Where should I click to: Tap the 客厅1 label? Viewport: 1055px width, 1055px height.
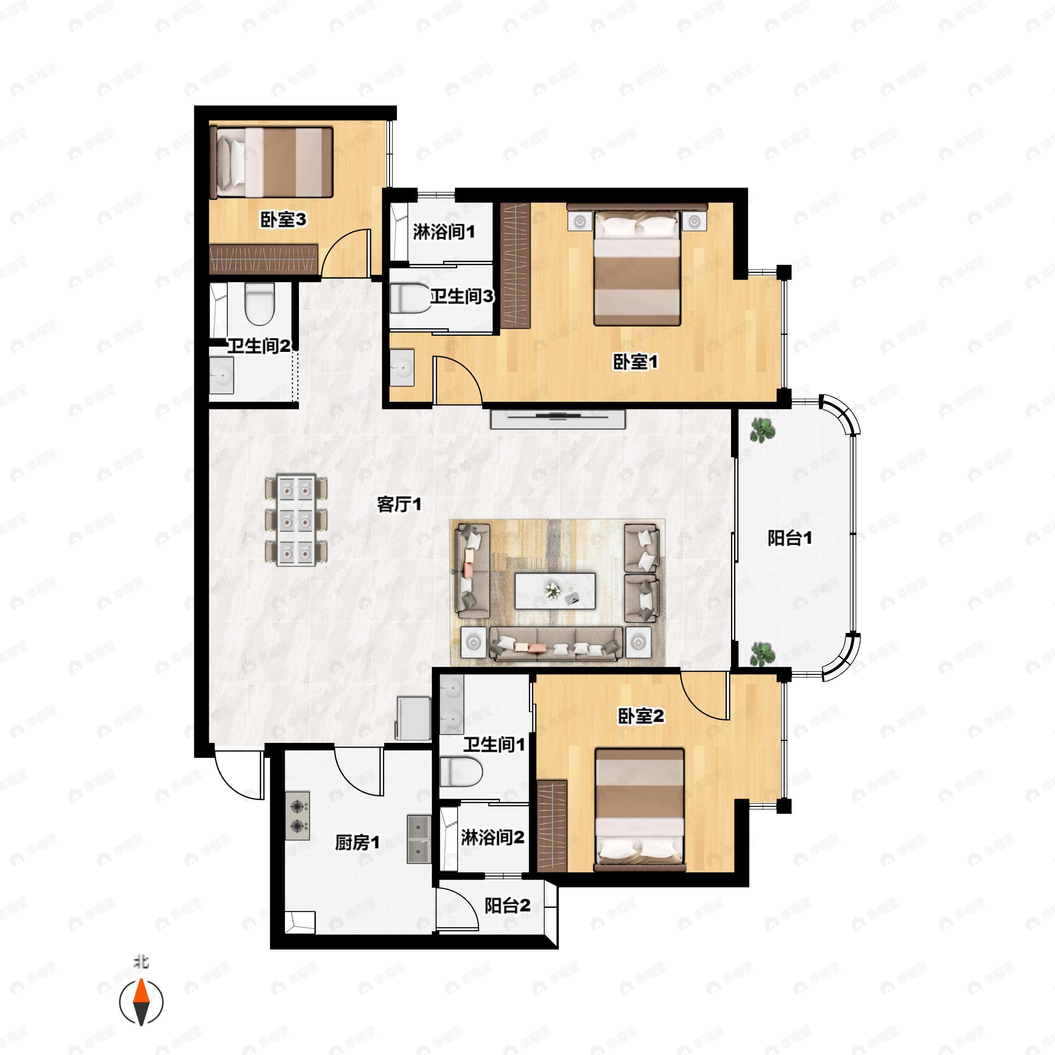click(399, 504)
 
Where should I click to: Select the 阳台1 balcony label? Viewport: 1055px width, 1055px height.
click(789, 538)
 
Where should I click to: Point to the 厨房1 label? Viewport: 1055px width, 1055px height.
click(357, 842)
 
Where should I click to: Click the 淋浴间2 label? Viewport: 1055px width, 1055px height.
click(492, 837)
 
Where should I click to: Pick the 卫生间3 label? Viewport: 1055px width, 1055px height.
click(462, 297)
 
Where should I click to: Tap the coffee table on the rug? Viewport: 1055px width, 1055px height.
click(555, 590)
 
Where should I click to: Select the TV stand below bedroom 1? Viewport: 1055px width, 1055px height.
click(557, 419)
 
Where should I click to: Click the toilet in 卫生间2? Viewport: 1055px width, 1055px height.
click(259, 304)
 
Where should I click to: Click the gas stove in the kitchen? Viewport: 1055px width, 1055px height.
click(297, 816)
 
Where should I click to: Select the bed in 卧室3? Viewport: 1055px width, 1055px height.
click(272, 162)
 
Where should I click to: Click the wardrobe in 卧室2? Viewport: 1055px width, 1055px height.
click(552, 825)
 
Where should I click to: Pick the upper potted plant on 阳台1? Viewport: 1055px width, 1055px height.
click(762, 430)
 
